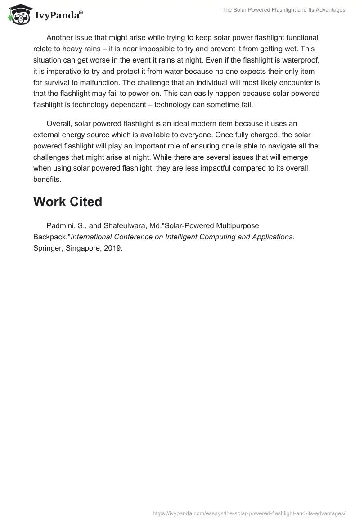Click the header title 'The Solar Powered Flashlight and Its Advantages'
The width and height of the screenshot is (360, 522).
(x=283, y=10)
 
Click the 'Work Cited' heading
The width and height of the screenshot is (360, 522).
(x=67, y=202)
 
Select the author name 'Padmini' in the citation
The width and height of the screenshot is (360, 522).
(x=61, y=225)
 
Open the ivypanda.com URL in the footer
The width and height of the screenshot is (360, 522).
(x=249, y=513)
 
